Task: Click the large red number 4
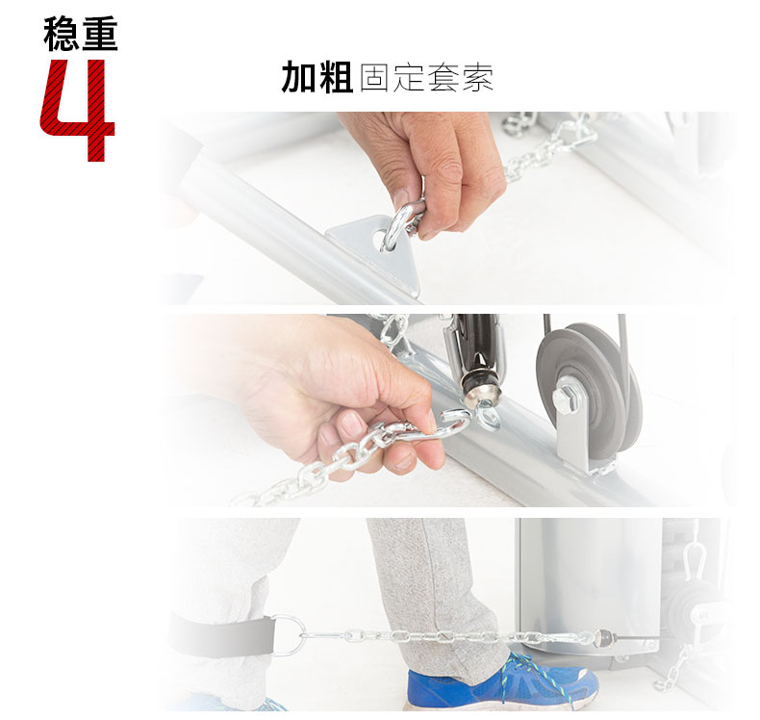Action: tap(79, 111)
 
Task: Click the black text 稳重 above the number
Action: tap(81, 34)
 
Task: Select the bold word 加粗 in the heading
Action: tap(317, 78)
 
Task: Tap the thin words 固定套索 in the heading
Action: tap(426, 78)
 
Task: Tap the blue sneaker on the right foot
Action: tap(500, 685)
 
